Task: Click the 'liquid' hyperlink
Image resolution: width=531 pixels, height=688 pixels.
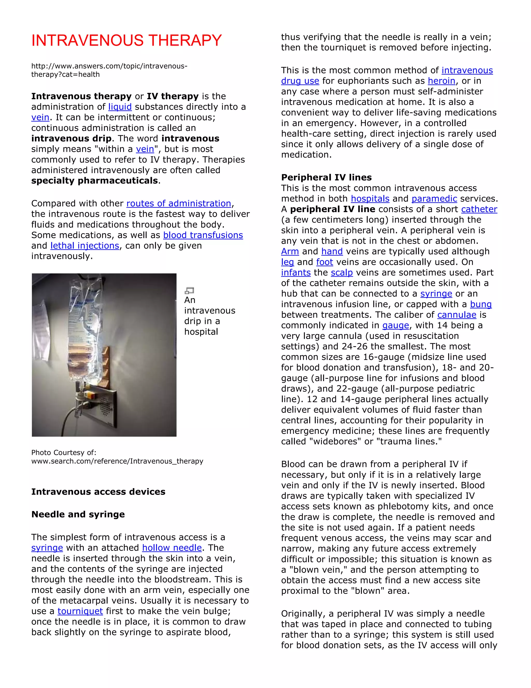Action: (x=120, y=107)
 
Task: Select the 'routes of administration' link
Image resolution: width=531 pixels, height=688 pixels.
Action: (x=179, y=204)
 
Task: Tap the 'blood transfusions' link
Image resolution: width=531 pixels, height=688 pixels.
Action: (x=203, y=235)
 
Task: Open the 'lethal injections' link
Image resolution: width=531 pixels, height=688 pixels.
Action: (x=85, y=246)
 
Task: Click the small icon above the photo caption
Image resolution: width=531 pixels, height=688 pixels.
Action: (x=189, y=291)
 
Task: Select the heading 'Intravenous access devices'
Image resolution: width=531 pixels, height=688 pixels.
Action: (x=98, y=492)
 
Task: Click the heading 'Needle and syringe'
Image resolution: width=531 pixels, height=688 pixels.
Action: (x=78, y=514)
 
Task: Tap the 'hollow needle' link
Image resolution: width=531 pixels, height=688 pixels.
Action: (x=172, y=548)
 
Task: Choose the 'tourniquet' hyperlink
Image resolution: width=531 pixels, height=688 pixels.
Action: (x=80, y=611)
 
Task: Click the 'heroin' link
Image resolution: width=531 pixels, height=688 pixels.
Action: (x=441, y=81)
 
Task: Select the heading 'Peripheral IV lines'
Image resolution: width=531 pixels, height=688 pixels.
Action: (x=326, y=177)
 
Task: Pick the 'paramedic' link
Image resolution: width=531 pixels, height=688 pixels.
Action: (x=434, y=199)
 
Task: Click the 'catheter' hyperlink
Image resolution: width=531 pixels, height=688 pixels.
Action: (x=479, y=209)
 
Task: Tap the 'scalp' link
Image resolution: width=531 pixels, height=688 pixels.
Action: (x=342, y=273)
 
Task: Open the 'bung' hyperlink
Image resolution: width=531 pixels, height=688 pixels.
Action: (x=481, y=304)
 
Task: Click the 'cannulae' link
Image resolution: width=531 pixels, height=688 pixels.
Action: (x=457, y=315)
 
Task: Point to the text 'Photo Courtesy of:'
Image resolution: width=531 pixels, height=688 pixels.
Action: (x=64, y=453)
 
